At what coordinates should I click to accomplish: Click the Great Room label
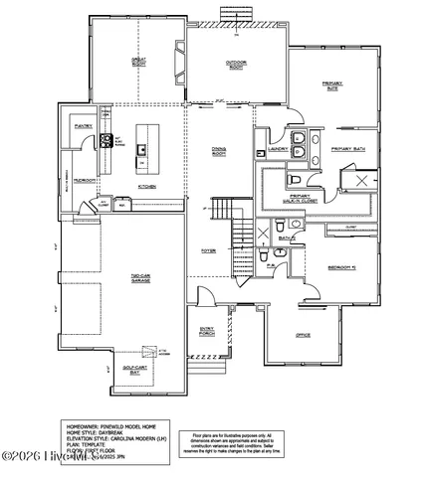140,62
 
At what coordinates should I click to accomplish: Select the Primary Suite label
332,85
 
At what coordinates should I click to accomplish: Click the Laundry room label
279,150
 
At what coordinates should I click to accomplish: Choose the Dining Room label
219,151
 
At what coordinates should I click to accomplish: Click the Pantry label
84,127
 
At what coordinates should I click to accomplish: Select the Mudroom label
85,182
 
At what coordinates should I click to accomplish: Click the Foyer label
209,250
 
